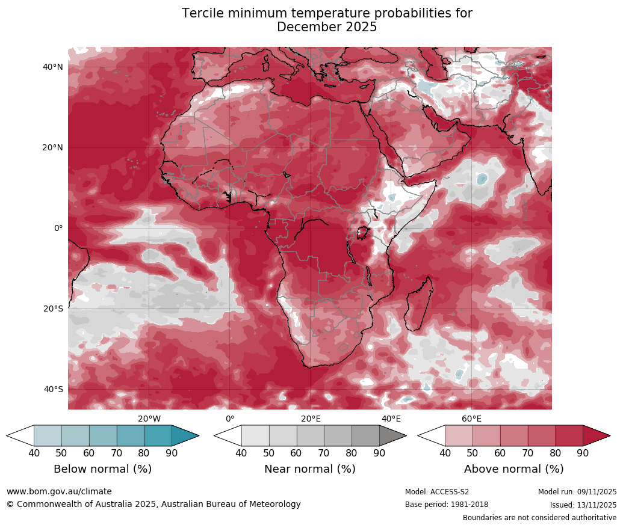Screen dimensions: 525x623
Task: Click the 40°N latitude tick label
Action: [53, 67]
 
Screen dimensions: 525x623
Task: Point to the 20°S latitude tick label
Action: [53, 309]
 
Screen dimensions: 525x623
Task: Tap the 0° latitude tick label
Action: [58, 228]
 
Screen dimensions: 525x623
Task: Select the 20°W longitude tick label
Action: [149, 419]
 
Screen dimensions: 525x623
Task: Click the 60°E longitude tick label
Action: [471, 419]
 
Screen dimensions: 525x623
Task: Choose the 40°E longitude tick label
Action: [391, 419]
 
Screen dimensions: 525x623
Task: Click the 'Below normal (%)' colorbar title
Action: [102, 469]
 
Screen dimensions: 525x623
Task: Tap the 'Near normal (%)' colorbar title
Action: [310, 469]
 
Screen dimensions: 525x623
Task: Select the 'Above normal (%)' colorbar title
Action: [513, 469]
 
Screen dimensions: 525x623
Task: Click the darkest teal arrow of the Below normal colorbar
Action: [184, 435]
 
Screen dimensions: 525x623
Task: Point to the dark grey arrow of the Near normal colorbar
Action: [392, 435]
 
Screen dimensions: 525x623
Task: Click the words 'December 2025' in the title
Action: [327, 27]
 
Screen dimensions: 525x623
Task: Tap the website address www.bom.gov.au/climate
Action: [59, 491]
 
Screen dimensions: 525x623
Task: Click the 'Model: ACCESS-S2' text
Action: [437, 492]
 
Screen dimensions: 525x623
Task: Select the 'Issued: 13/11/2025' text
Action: [583, 505]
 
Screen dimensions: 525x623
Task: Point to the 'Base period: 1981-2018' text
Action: [447, 505]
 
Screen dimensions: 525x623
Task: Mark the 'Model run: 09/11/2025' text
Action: [577, 492]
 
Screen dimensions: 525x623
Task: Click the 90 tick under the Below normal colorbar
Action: [172, 453]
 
